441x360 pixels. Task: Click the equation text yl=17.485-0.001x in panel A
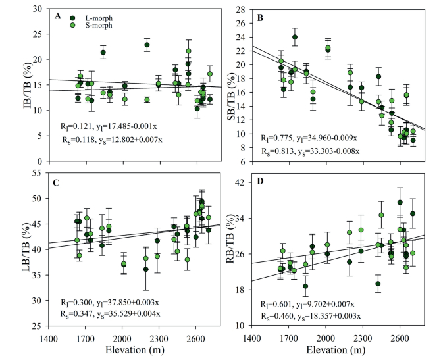[121, 127]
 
